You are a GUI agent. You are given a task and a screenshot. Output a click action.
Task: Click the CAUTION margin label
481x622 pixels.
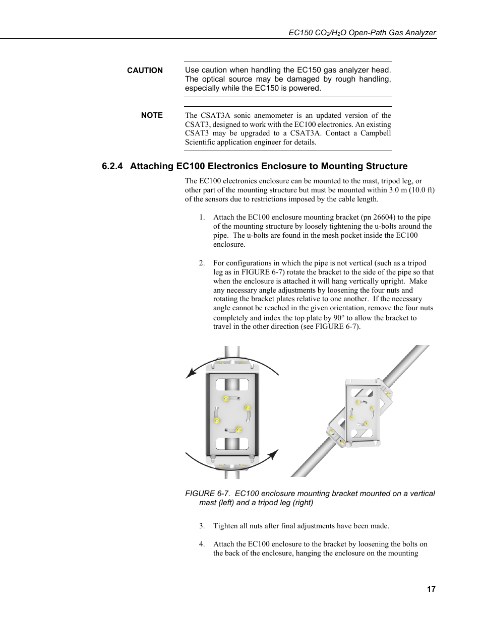pos(145,71)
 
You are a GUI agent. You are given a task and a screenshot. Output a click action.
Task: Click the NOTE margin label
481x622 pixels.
pos(152,115)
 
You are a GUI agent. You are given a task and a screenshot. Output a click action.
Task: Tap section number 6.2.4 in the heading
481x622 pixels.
pos(112,166)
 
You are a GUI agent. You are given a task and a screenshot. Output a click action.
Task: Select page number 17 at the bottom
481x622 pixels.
pos(431,589)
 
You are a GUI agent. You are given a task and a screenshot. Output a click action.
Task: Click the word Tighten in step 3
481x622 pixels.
pos(225,526)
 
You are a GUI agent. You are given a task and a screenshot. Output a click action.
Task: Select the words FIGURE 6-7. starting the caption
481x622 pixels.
pos(208,494)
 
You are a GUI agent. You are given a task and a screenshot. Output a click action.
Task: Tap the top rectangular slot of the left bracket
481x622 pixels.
pos(232,385)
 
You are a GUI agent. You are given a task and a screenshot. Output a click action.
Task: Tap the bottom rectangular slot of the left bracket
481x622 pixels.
pos(232,444)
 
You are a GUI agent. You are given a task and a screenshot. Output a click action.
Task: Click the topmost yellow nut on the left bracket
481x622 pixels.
pos(226,399)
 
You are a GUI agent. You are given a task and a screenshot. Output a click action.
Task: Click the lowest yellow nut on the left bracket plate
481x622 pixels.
pos(239,430)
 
